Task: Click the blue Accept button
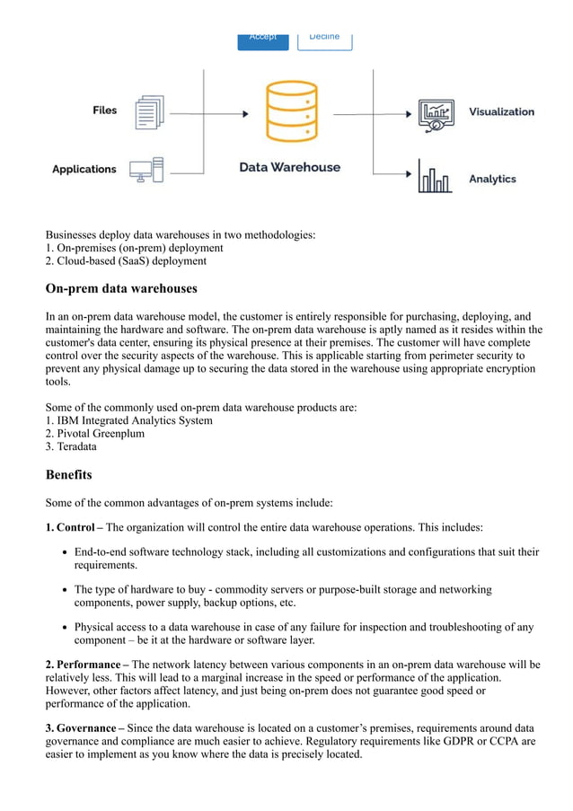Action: click(262, 39)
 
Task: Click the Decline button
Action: click(324, 39)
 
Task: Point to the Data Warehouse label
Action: click(289, 167)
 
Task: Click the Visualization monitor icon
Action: click(436, 116)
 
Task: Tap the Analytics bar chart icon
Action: click(434, 177)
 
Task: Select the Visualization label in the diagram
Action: click(501, 112)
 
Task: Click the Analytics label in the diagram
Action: click(492, 179)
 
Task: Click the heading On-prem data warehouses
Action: click(121, 289)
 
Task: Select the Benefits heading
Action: click(68, 474)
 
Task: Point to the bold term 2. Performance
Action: click(85, 665)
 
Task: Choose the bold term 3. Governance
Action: click(84, 727)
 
